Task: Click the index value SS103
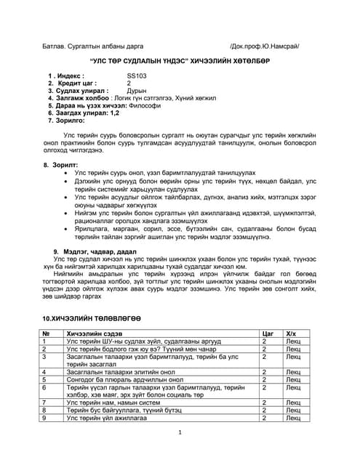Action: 137,75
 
